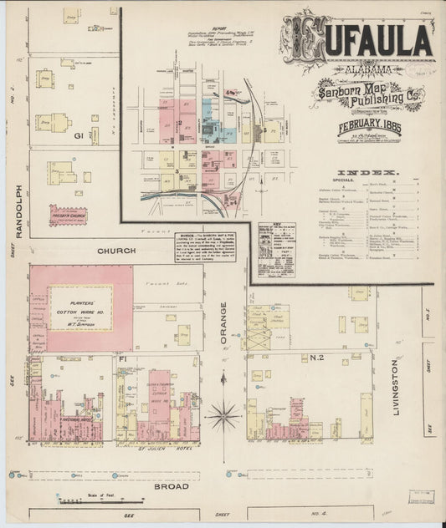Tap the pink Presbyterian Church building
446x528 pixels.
69,216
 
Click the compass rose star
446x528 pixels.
223,412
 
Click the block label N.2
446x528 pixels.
318,358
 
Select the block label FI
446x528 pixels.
122,358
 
